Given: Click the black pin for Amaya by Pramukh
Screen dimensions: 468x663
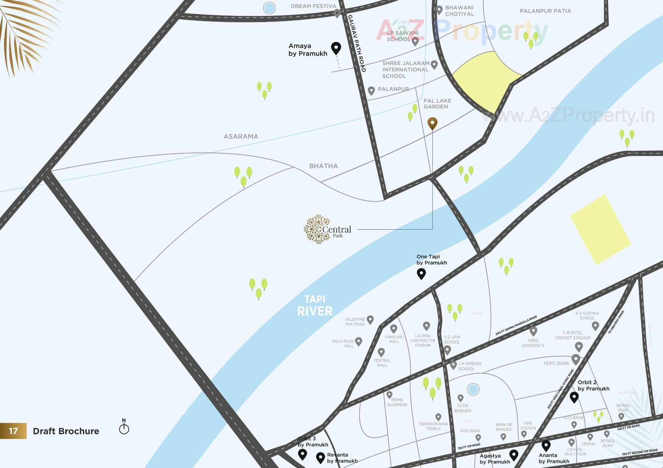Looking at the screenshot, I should click(336, 48).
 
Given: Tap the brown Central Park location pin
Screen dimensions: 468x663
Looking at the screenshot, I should click(432, 123).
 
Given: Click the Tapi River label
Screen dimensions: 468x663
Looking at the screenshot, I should click(315, 306).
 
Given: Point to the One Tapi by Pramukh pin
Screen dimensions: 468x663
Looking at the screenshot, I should click(421, 273).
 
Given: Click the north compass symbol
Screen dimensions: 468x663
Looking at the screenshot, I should click(124, 428).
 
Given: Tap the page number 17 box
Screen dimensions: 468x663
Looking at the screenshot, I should click(13, 431).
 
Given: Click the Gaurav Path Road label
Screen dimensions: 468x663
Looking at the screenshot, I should click(357, 43).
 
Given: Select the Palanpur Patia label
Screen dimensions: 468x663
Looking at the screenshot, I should click(545, 11).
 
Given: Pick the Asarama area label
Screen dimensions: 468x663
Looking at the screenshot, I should click(241, 137).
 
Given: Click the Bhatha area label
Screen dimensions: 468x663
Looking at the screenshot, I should click(323, 166).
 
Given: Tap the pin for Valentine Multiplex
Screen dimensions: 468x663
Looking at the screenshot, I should click(370, 319).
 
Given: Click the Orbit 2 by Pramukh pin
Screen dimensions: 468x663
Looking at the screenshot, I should click(574, 397).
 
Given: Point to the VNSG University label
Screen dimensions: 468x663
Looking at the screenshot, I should click(533, 343).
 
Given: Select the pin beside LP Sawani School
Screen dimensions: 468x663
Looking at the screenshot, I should click(415, 41).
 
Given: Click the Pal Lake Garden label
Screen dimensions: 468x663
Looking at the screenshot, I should click(437, 103).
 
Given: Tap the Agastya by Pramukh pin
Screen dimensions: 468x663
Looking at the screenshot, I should click(514, 455).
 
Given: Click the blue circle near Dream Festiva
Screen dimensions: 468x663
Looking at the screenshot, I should click(269, 8).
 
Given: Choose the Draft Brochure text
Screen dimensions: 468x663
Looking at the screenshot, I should click(66, 431).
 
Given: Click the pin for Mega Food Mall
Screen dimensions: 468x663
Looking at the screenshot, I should click(359, 341).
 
